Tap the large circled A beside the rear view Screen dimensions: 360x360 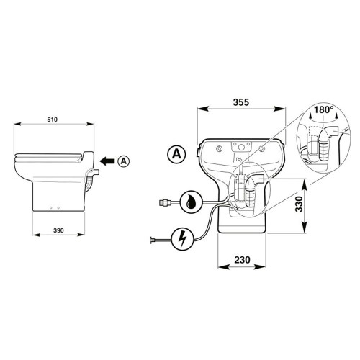click(x=174, y=153)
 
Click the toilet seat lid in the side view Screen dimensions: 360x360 click(x=50, y=156)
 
